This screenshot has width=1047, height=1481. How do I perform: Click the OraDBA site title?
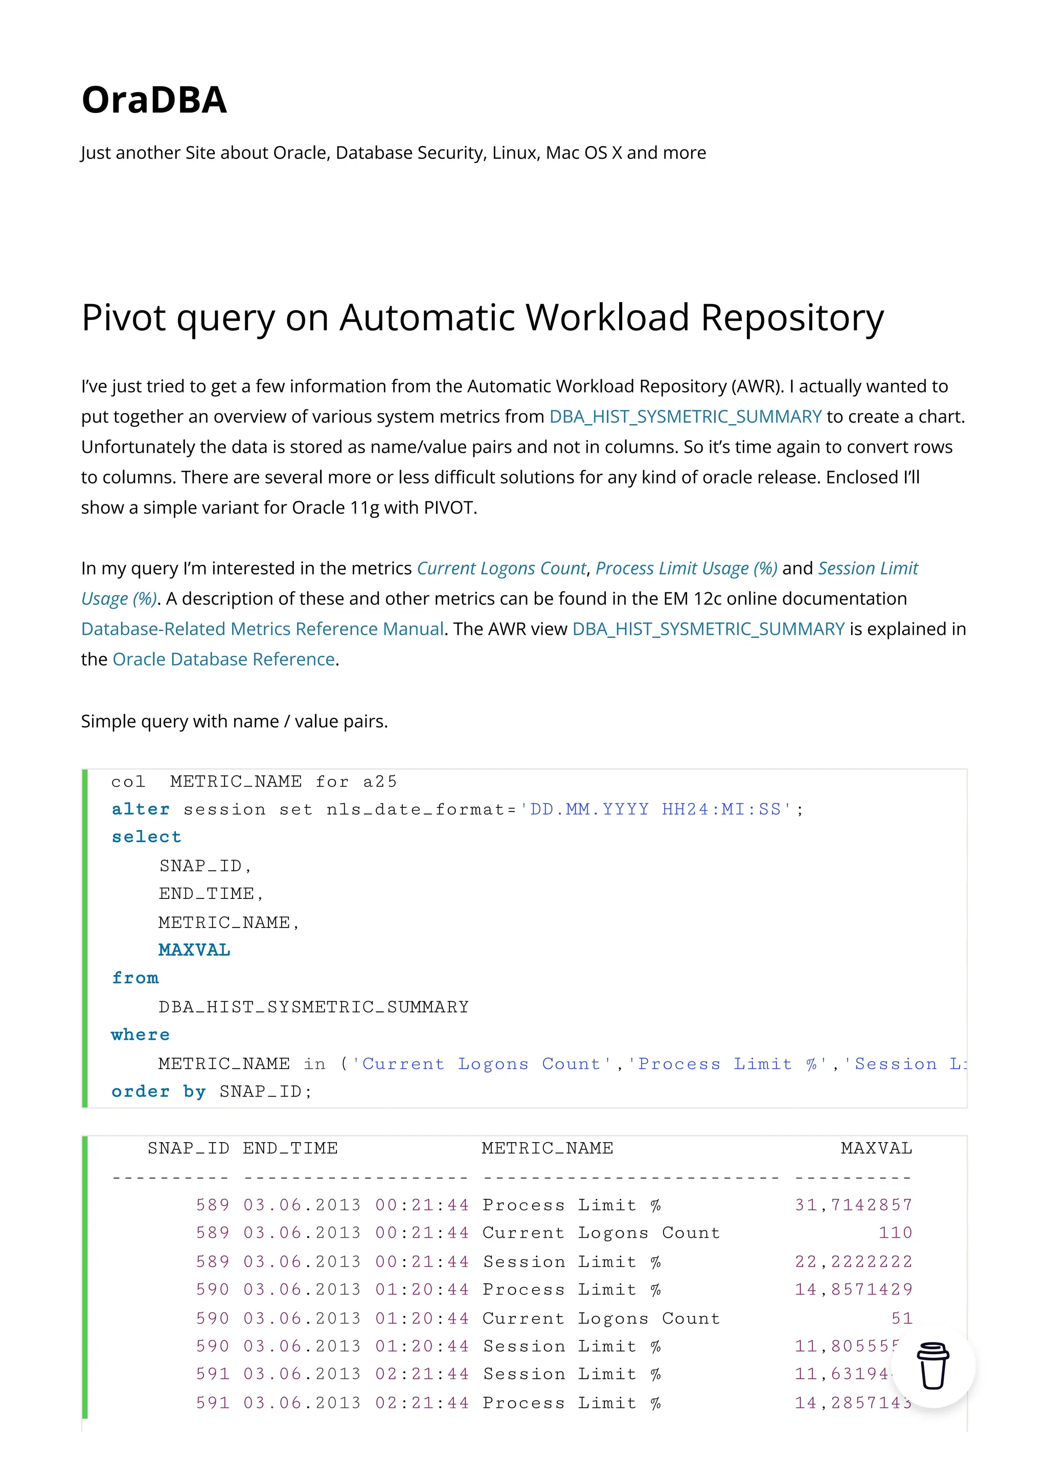(154, 100)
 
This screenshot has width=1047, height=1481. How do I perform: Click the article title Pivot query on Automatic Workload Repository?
(482, 317)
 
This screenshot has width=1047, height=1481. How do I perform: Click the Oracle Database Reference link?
(223, 659)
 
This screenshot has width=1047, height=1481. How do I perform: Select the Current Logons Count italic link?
(501, 568)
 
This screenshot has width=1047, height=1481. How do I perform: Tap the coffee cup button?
(932, 1366)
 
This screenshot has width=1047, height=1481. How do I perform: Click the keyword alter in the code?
(141, 809)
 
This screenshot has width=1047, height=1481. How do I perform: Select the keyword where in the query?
(141, 1035)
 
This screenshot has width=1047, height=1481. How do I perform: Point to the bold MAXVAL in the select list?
(194, 950)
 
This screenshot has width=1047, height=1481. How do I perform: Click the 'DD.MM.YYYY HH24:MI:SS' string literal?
(656, 809)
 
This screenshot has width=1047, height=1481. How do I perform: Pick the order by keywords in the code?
(158, 1092)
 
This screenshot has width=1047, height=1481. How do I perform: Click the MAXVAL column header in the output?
(876, 1148)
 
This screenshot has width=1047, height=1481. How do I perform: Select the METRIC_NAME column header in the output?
(547, 1148)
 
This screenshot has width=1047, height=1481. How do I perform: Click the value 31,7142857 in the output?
(853, 1205)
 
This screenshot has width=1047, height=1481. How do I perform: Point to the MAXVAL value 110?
(895, 1233)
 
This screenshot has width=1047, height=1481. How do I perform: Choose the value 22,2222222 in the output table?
(853, 1262)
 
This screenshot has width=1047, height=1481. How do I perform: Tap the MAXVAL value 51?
(901, 1318)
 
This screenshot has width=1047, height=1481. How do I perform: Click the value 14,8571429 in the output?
(853, 1289)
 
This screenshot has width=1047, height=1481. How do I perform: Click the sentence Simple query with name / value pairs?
(234, 721)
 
